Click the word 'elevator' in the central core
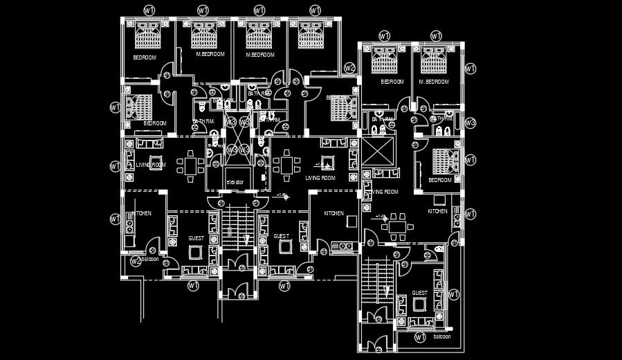tap(235, 182)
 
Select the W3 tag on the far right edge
tap(470, 123)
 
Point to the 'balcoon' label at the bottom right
tap(441, 337)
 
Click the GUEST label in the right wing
tap(420, 293)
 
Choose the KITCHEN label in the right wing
tap(437, 211)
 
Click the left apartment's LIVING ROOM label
tap(150, 165)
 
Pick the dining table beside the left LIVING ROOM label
tap(190, 165)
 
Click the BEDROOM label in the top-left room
tap(145, 57)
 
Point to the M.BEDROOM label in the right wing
tap(434, 82)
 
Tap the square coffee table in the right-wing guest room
tap(419, 304)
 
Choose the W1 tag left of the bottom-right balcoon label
tap(419, 337)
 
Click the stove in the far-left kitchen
tap(128, 224)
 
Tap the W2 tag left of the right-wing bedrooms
tap(349, 68)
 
